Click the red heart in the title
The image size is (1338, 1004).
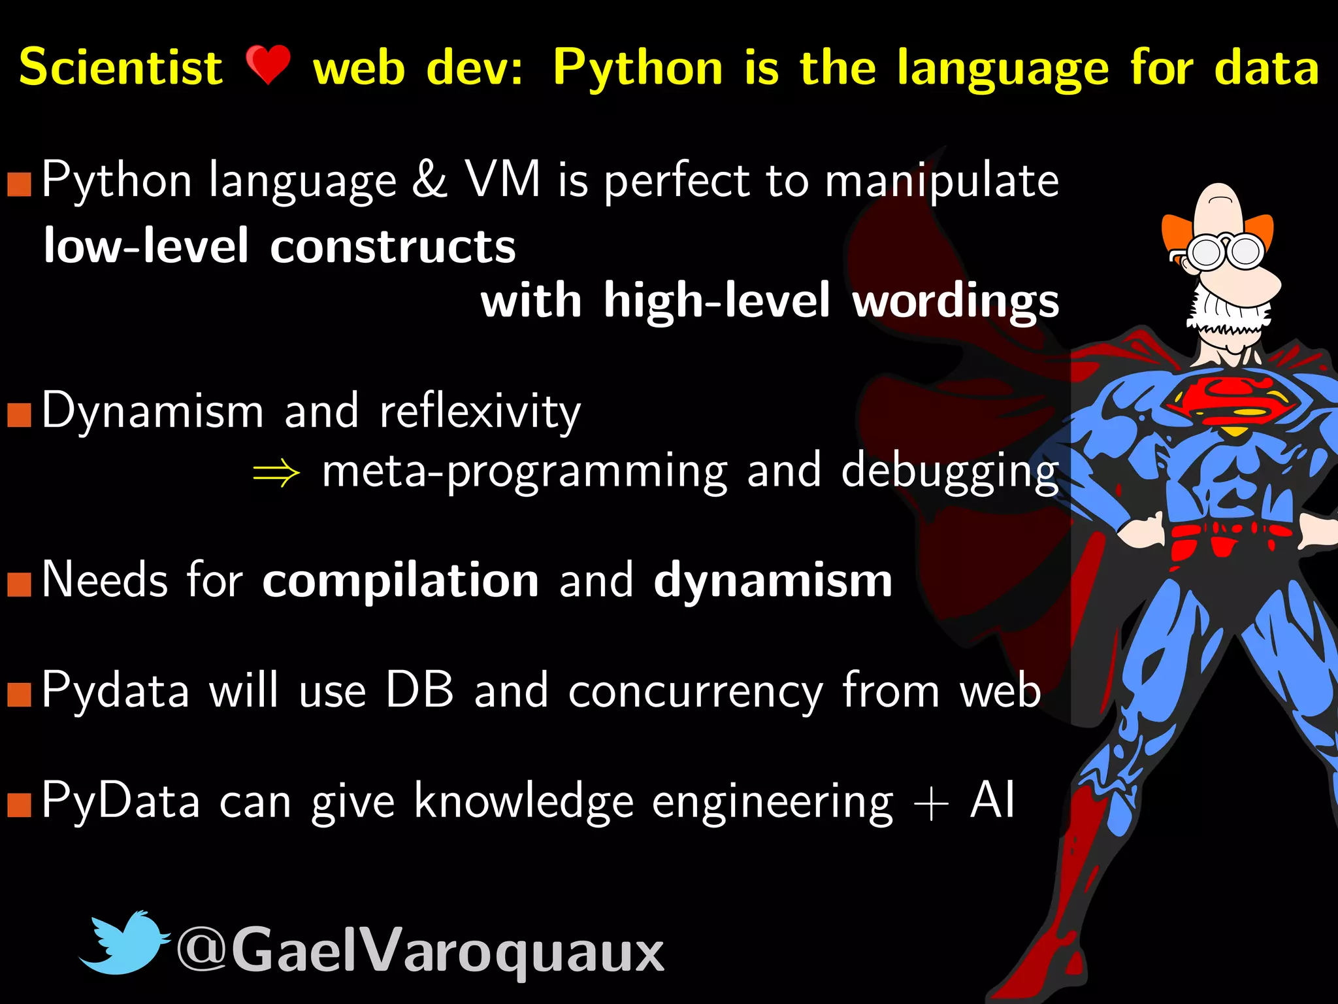pyautogui.click(x=268, y=65)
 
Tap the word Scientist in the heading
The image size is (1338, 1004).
pyautogui.click(x=121, y=67)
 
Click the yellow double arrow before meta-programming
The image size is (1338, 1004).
pyautogui.click(x=276, y=472)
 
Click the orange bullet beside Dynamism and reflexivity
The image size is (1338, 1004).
pyautogui.click(x=20, y=414)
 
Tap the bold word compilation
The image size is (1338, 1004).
pyautogui.click(x=400, y=580)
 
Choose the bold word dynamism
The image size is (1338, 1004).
pyautogui.click(x=773, y=580)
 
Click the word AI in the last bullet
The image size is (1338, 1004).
pyautogui.click(x=992, y=800)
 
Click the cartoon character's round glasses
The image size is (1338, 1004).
pyautogui.click(x=1226, y=252)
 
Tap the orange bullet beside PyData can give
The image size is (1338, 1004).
pyautogui.click(x=20, y=805)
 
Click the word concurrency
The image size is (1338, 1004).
pyautogui.click(x=695, y=693)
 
